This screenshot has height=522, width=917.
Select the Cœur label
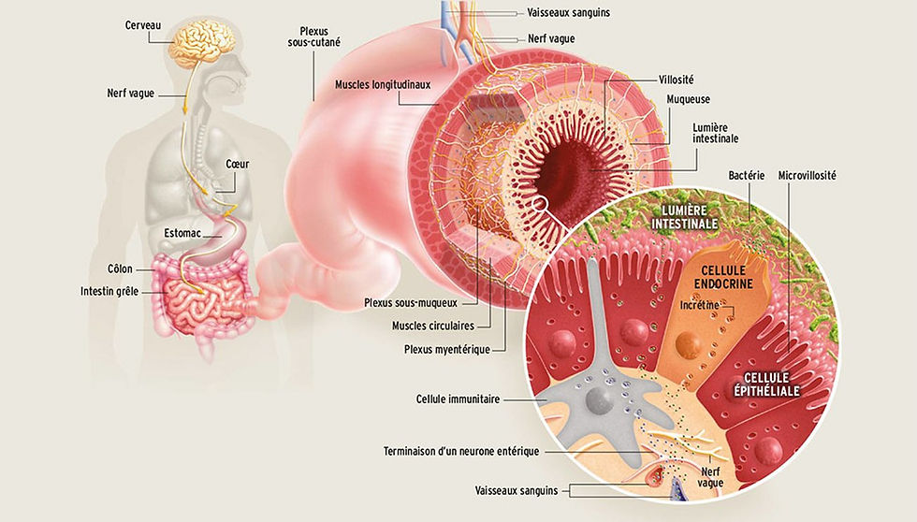point(237,164)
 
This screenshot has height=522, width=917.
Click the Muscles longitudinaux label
point(383,84)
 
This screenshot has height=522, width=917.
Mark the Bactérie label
point(747,175)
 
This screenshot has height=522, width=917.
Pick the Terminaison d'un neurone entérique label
point(462,452)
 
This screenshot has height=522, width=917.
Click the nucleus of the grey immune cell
point(596,400)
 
